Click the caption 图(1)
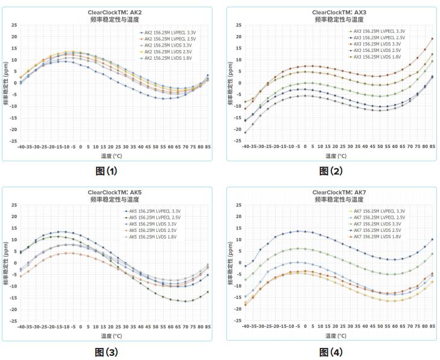tap(106, 171)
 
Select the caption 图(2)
tap(331, 171)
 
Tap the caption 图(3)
tap(106, 352)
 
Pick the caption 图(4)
tap(331, 352)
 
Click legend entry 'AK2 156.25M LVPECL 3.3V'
tap(171, 32)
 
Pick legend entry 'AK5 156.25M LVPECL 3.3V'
tap(170, 211)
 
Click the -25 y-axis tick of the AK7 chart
tap(238, 321)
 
